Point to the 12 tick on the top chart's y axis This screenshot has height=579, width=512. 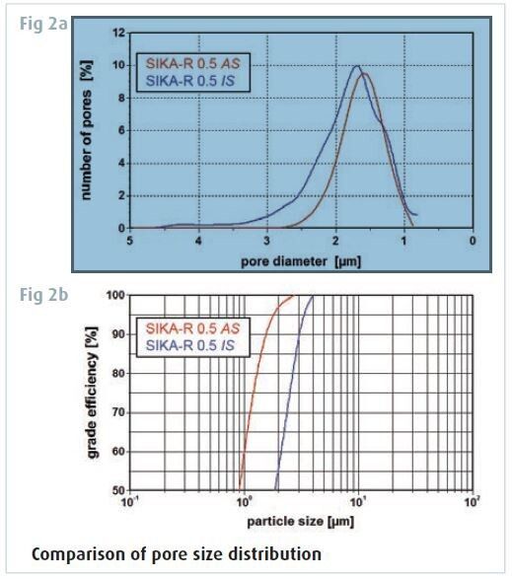(x=117, y=33)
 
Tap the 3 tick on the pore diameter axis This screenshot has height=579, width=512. (x=267, y=240)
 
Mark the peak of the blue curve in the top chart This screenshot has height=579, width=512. (x=356, y=67)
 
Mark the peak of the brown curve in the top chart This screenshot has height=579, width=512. (x=365, y=74)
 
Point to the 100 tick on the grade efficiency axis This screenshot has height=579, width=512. (x=115, y=295)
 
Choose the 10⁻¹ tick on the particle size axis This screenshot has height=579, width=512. (x=128, y=501)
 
